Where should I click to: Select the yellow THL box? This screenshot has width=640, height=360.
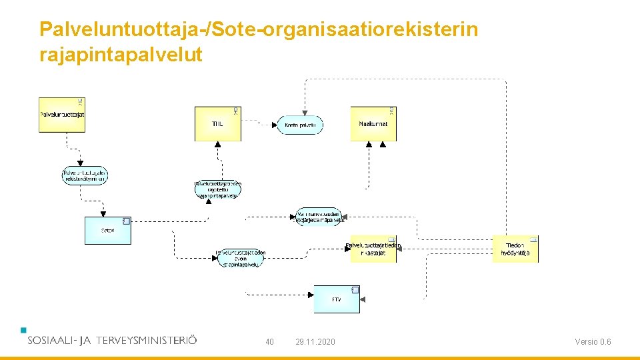217,124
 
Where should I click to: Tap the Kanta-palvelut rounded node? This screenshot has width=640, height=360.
300,125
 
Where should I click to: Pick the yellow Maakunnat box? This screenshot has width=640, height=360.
373,124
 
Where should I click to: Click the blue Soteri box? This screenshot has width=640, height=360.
107,231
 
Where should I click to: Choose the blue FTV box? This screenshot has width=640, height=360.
337,299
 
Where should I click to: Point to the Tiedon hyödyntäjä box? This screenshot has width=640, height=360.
515,249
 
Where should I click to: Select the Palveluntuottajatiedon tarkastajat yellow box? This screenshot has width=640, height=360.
373,249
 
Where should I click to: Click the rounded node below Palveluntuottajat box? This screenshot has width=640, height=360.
85,175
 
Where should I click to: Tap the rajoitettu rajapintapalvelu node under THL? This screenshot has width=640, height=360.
218,189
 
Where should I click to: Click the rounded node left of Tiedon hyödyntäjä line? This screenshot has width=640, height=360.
319,216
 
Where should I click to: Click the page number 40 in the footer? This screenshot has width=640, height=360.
269,342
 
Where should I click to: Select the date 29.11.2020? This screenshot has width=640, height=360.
315,342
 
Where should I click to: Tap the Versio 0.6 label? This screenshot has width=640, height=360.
593,342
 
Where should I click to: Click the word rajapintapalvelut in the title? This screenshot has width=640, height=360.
121,55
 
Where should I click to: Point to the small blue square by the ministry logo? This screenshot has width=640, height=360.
23,329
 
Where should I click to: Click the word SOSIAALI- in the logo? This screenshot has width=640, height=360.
51,340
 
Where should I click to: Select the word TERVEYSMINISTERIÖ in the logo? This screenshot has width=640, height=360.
147,340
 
